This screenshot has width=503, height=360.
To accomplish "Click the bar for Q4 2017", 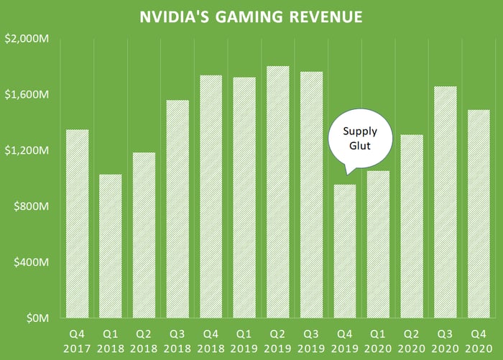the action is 78,223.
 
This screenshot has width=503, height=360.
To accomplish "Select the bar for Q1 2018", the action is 111,246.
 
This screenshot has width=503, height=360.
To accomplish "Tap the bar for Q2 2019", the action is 278,192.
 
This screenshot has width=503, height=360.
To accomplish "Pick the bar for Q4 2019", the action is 345,251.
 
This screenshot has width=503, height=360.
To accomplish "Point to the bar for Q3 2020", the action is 446,202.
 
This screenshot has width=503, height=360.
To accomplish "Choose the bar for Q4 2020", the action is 479,213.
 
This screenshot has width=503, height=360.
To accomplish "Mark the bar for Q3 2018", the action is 177,209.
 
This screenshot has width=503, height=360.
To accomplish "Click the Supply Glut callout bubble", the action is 360,139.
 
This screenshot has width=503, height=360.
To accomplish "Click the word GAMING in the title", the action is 249,17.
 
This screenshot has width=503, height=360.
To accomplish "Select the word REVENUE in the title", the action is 326,17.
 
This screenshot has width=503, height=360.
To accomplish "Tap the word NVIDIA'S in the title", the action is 174,17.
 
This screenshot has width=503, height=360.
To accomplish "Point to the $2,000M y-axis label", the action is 27,39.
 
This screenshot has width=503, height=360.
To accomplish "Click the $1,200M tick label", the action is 27,150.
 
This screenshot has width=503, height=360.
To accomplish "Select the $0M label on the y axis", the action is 38,318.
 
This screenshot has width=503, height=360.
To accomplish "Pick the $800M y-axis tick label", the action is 32,206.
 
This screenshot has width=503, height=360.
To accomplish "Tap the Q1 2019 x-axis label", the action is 244,341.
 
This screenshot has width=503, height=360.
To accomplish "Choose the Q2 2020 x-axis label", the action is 412,341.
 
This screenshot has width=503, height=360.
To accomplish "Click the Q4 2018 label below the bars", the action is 211,341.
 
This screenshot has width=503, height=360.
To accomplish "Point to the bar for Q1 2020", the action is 378,244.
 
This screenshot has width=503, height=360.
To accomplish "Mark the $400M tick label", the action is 32,262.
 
